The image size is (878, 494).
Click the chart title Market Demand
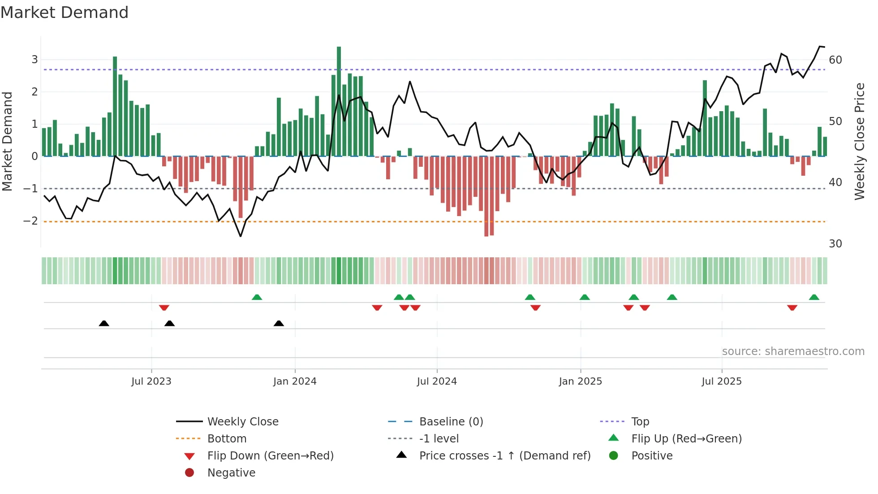65,13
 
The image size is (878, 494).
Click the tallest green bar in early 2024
339,101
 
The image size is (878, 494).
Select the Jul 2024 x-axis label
437,381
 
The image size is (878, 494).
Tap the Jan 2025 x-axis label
580,381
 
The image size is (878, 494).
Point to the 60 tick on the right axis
835,60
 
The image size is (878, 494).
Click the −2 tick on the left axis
30,221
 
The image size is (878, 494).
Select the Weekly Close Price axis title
859,141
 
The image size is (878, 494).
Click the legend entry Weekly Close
242,422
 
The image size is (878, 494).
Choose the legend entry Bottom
227,439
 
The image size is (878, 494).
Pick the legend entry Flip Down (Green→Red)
270,456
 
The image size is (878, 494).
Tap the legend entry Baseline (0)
451,422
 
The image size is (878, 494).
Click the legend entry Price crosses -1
504,456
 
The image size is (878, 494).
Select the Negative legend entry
231,473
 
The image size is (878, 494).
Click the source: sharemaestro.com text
793,351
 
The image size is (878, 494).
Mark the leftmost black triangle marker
104,323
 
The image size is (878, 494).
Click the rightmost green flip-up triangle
814,297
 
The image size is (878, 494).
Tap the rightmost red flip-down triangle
792,308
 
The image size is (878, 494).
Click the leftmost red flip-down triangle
164,308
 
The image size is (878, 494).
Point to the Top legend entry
640,422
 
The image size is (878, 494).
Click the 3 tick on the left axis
34,60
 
